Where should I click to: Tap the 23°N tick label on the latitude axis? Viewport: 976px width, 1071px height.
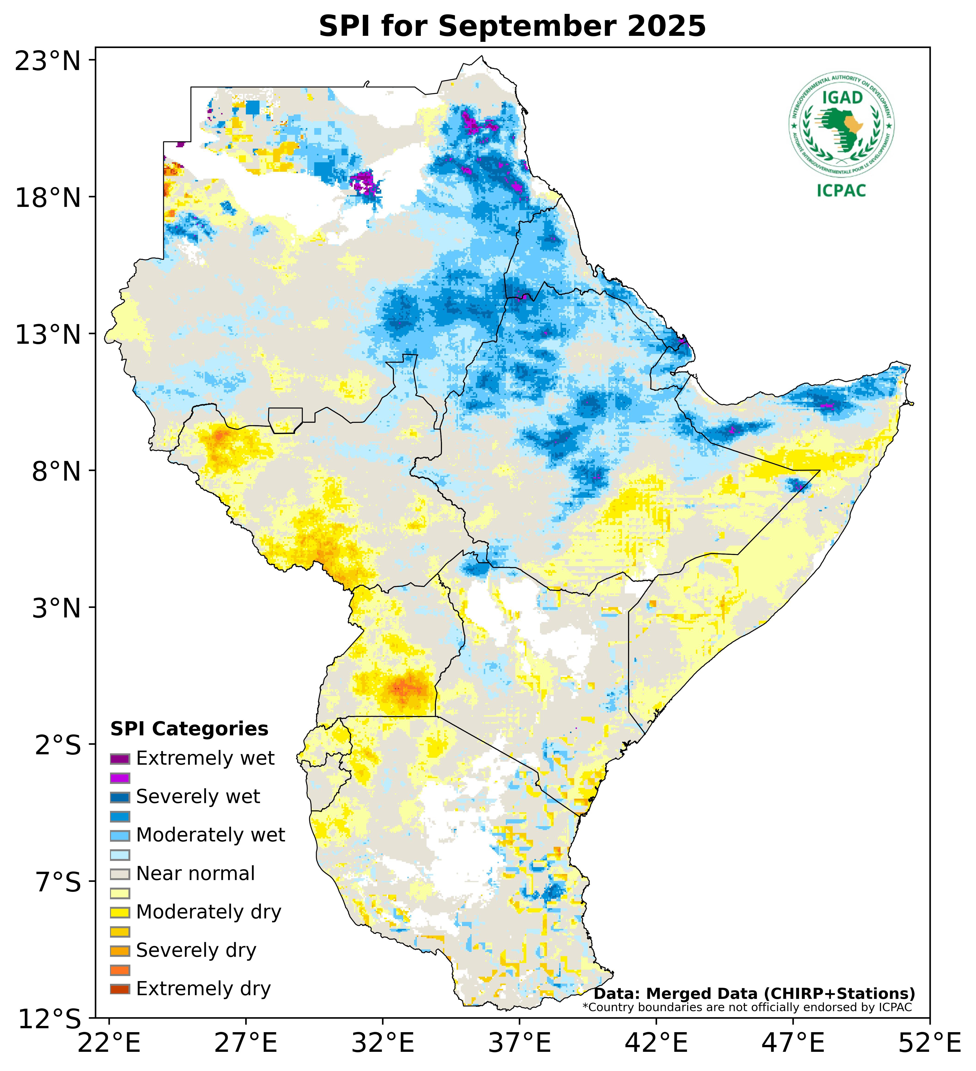(48, 61)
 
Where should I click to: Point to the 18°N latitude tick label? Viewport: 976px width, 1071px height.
(48, 198)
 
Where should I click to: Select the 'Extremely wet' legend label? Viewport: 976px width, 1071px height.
(205, 758)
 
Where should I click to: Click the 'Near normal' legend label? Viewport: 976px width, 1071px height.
(195, 873)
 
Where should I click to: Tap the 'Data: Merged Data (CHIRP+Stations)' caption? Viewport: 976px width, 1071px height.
(754, 993)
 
